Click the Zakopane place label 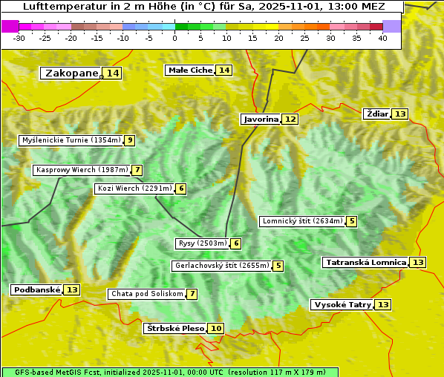[x=71, y=73]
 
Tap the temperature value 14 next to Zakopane [x=112, y=73]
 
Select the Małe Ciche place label [x=190, y=70]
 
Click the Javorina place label [x=261, y=119]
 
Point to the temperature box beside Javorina [x=290, y=119]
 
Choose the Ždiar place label [x=376, y=114]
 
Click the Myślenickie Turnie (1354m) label [x=71, y=140]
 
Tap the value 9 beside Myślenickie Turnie [x=130, y=140]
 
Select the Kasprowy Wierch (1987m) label [x=82, y=170]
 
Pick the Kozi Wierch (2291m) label [x=134, y=188]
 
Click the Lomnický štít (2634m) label [x=302, y=221]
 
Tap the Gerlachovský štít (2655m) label [x=221, y=266]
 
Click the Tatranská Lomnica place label [x=365, y=262]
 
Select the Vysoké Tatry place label [x=342, y=304]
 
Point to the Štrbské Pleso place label [x=174, y=328]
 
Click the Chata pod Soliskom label [x=146, y=294]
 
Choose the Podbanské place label [x=36, y=289]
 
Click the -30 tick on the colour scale [x=20, y=38]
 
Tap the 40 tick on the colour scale [x=382, y=38]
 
